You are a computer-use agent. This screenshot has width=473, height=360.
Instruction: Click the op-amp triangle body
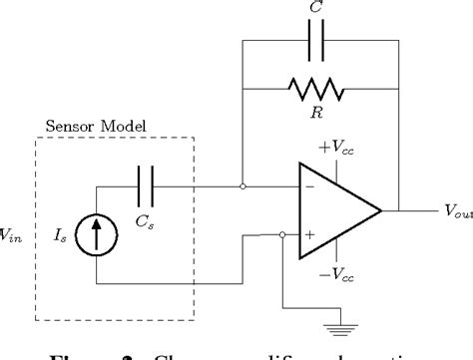point(334,210)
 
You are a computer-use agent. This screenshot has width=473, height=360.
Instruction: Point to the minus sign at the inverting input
point(310,186)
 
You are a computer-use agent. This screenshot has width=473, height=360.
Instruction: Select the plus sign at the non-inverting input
point(310,236)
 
